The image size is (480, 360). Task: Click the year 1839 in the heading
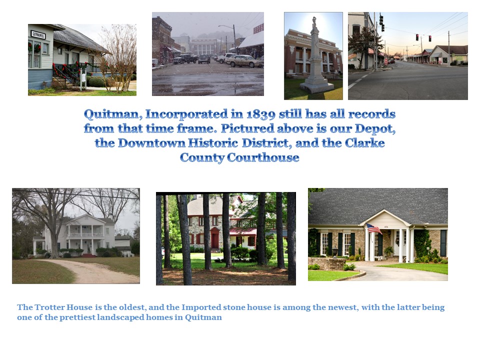point(261,114)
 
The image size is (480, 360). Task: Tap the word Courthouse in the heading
point(263,157)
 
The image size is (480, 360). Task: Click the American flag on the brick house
point(374,228)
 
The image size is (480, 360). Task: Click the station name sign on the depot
point(38,34)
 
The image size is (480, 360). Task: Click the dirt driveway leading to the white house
point(92,270)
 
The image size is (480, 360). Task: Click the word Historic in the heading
point(213,143)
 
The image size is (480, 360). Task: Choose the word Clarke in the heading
point(364,143)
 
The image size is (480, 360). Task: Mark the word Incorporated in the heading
point(186,114)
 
